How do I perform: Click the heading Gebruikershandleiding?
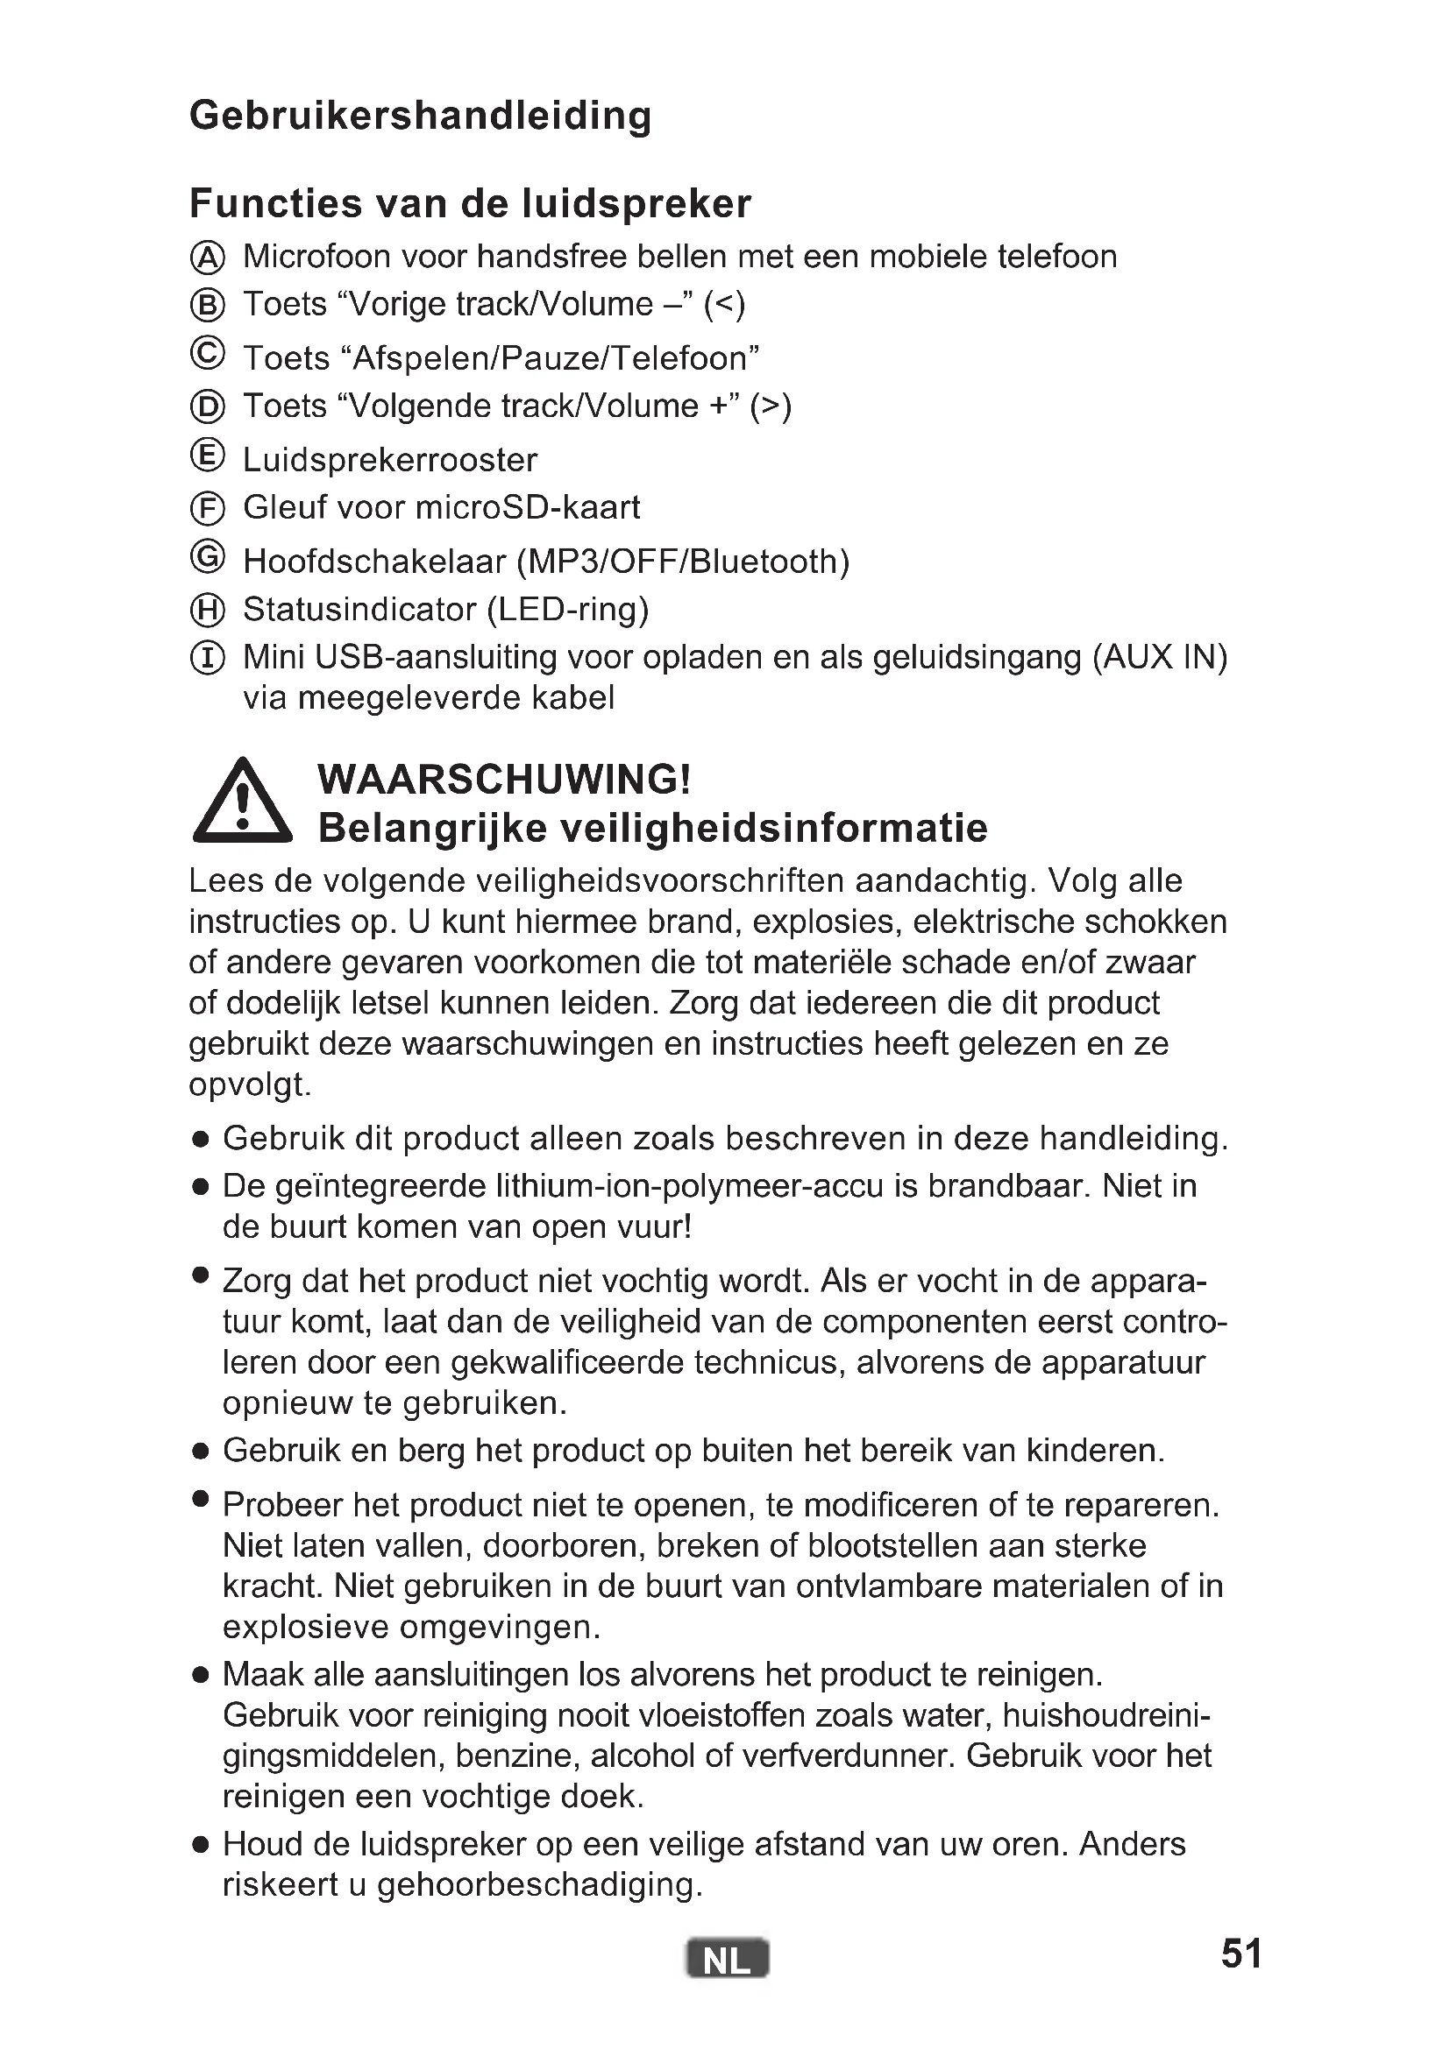pos(421,116)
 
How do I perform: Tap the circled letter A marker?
pos(208,258)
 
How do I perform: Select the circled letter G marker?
pos(208,557)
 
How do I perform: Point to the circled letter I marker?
pos(208,659)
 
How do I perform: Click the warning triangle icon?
pos(242,803)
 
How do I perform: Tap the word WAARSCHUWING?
pos(504,779)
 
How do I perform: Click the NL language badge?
pos(727,1959)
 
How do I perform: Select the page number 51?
pos(1241,1954)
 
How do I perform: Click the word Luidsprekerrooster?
pos(390,461)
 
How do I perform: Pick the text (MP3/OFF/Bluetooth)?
pos(683,562)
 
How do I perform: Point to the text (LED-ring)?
pos(567,610)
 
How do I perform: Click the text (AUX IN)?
pos(1160,658)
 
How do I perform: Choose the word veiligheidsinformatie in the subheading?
pos(773,828)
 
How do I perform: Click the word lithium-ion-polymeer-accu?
pos(689,1186)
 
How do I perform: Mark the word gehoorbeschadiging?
pos(538,1884)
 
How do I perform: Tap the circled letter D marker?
pos(208,407)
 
